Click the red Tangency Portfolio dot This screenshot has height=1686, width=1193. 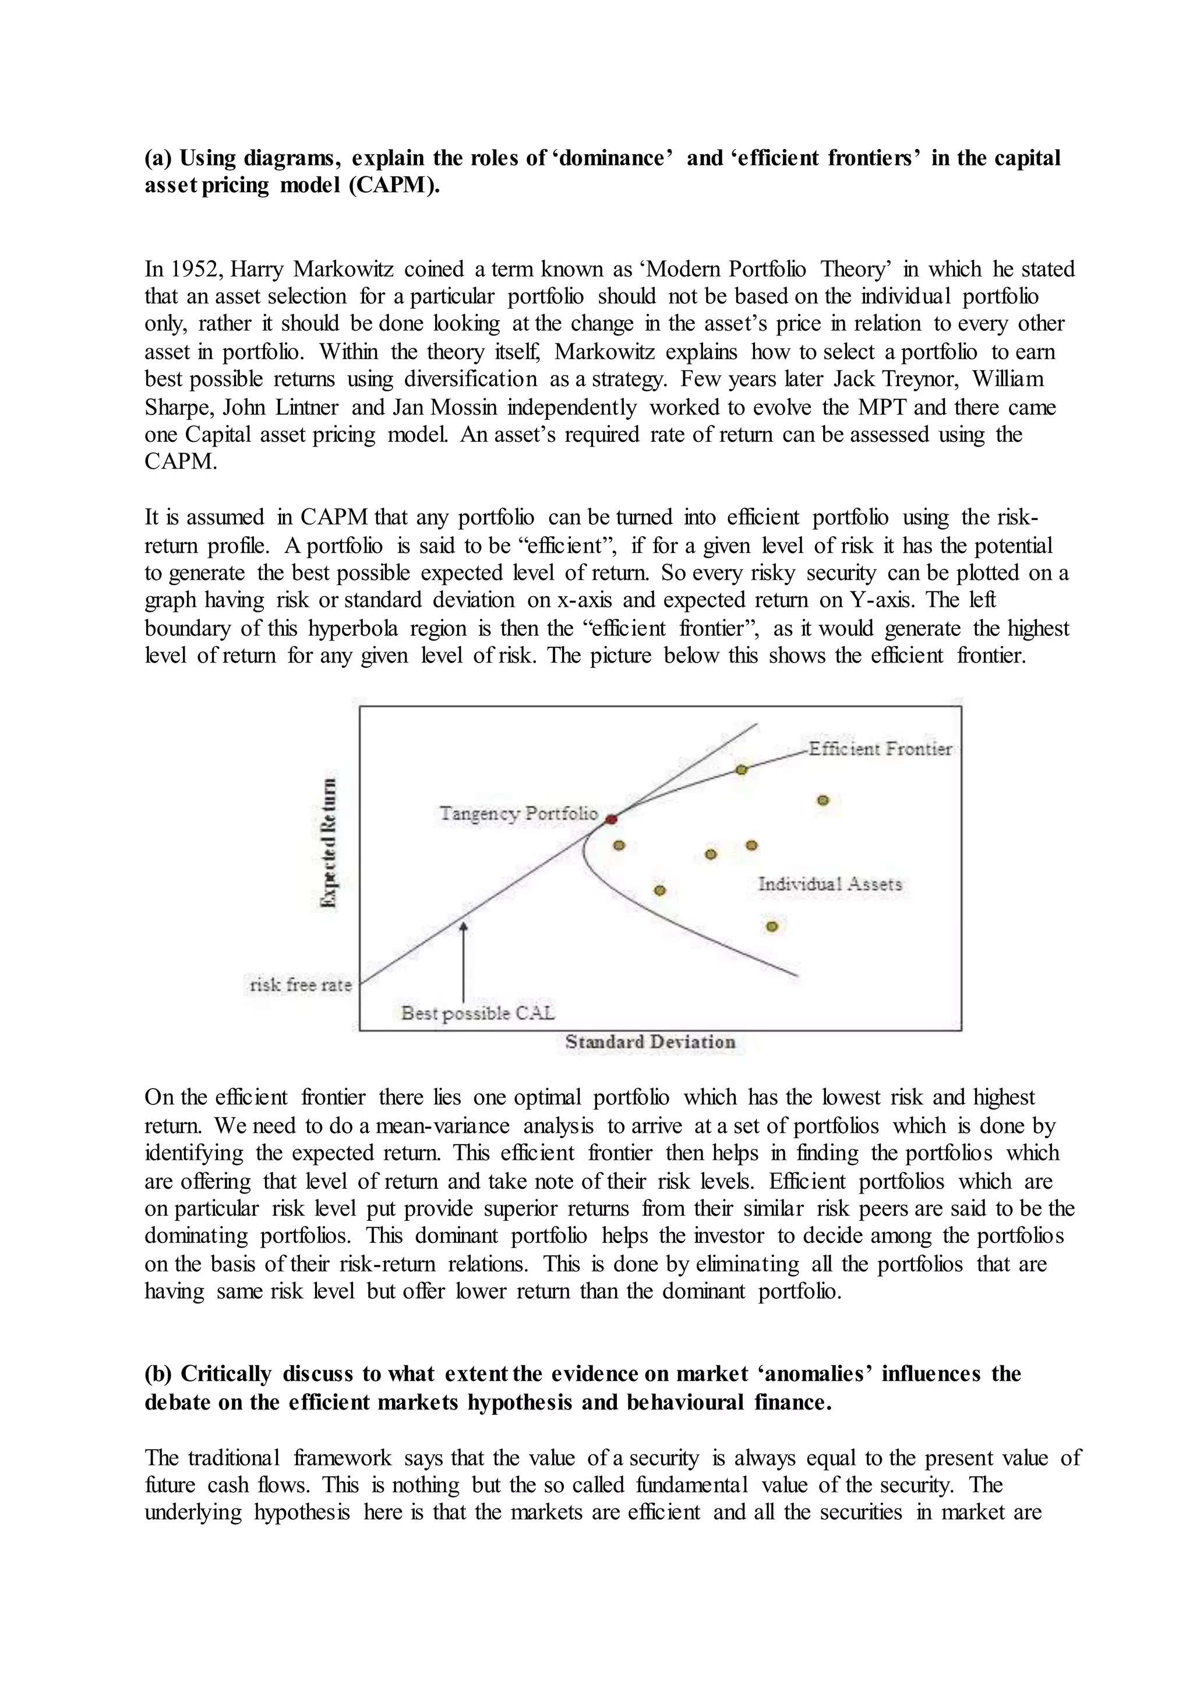[x=611, y=819]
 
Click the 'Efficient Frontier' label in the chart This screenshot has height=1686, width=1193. [x=880, y=749]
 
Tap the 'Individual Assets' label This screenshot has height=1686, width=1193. [x=830, y=884]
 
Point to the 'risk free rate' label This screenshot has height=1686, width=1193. [x=301, y=984]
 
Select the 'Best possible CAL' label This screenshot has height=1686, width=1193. [x=478, y=1014]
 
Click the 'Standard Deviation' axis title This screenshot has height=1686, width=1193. [x=650, y=1042]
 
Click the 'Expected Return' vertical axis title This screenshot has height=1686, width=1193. [x=331, y=843]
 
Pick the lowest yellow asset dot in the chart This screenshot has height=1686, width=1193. [x=771, y=927]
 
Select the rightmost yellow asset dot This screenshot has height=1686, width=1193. [x=824, y=800]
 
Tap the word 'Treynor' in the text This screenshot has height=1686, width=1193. [x=924, y=380]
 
